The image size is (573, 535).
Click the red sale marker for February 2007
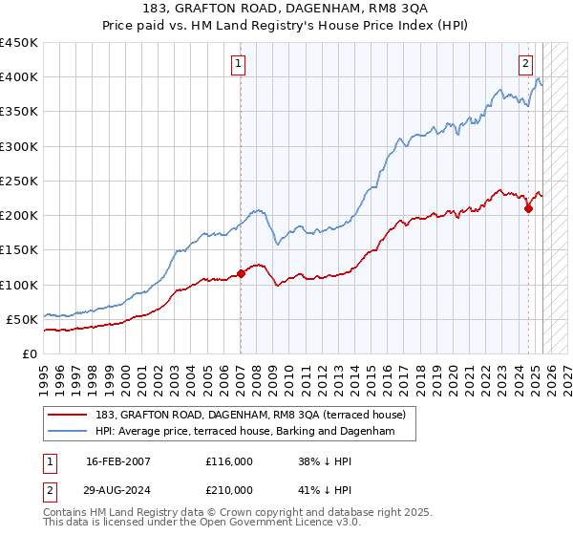tap(241, 273)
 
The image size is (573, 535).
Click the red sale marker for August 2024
tap(529, 208)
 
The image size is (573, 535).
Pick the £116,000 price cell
tap(229, 460)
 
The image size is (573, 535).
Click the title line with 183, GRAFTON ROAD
tap(286, 11)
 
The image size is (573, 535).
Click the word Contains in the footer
tap(69, 513)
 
